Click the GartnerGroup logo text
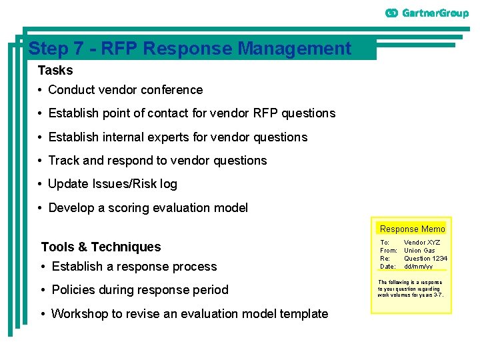pos(435,13)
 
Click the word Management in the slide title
pos(294,49)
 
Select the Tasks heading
pos(55,70)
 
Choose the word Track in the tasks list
pos(64,161)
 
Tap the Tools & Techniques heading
pos(101,247)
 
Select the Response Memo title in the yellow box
pos(412,229)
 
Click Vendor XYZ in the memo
pos(422,243)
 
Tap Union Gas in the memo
pos(419,251)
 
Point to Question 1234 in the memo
pos(425,259)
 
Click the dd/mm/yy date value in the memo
pos(418,267)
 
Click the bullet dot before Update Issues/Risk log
pos(41,184)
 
